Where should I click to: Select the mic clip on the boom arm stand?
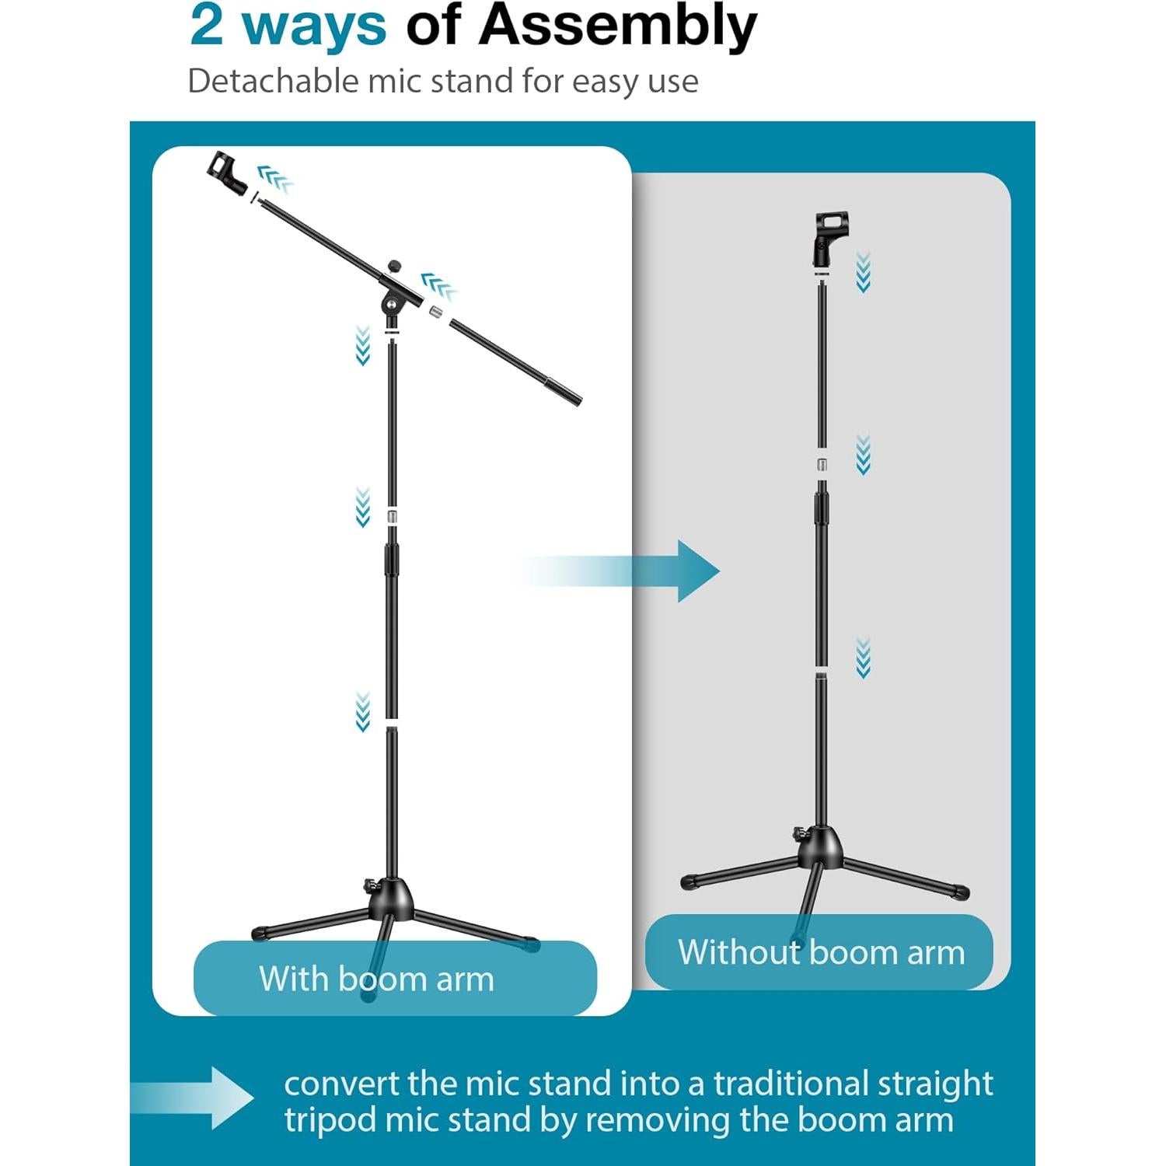point(226,174)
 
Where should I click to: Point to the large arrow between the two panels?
point(676,571)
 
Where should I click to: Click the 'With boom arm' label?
point(377,979)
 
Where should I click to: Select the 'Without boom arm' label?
point(821,952)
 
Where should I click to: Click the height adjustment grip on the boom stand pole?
point(391,560)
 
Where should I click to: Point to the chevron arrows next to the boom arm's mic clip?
point(275,178)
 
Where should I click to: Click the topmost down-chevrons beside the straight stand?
point(863,272)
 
